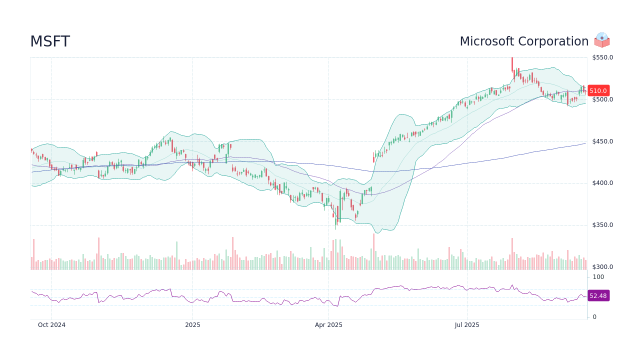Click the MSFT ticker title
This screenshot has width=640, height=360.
(x=50, y=42)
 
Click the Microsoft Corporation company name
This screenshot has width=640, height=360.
(x=523, y=41)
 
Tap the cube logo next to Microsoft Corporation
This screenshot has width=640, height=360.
(x=602, y=40)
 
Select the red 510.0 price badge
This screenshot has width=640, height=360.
(x=598, y=91)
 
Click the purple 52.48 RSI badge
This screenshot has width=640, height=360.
(x=598, y=296)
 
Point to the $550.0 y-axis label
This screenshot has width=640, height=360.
(x=602, y=57)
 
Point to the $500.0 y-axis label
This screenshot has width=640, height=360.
(x=602, y=99)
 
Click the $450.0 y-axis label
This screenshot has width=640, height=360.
(x=602, y=141)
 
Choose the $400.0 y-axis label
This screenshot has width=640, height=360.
(x=602, y=183)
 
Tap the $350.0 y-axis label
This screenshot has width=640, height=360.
(x=602, y=225)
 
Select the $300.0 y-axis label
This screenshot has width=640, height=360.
(x=602, y=267)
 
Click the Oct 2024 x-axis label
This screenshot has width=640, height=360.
(x=51, y=325)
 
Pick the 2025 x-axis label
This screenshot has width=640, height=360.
(x=192, y=325)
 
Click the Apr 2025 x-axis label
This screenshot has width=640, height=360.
(x=328, y=325)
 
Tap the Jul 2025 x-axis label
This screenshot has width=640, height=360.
(x=467, y=325)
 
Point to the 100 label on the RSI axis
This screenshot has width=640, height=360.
(x=598, y=277)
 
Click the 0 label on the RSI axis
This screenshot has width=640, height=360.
(x=594, y=317)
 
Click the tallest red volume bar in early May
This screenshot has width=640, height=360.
(x=373, y=251)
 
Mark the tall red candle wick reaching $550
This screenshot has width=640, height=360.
(x=512, y=64)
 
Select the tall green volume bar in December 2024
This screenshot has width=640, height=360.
(x=176, y=255)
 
